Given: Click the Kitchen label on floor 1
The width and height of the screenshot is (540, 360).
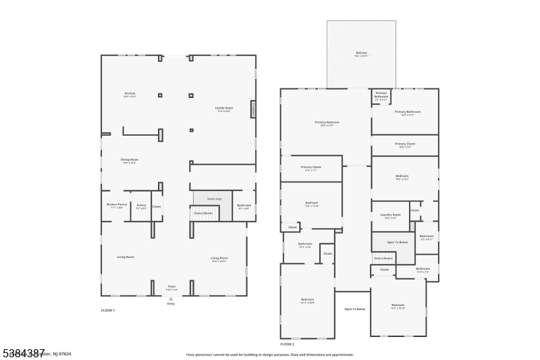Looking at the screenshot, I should tap(130, 93).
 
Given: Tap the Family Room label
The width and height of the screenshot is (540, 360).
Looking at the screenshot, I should tap(224, 108).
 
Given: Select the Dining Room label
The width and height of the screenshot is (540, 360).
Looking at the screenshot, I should tap(129, 159).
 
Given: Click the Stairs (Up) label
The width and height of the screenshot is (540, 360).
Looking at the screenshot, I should tap(215, 199).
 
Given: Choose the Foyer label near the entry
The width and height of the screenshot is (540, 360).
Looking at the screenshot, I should tap(172, 286).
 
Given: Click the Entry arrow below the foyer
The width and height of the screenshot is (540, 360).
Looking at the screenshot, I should tap(171, 298).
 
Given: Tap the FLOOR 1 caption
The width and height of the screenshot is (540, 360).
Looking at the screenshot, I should tap(108, 310).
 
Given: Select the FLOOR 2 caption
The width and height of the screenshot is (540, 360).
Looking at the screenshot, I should tap(288, 344).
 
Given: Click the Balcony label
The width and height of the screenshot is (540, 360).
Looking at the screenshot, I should tap(362, 53).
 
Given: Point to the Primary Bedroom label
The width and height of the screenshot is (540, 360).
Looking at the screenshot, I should tap(327, 122).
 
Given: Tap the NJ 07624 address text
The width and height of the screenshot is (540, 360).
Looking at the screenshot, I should tap(61, 353).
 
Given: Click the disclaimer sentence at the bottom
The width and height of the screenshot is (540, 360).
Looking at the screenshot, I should tap(270, 354).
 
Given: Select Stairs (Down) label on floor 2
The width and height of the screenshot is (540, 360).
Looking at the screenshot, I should tap(383, 258).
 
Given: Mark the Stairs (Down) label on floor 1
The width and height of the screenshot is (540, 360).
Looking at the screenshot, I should tap(203, 213).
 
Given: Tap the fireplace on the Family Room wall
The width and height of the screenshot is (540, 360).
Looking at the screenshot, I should tap(254, 109).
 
